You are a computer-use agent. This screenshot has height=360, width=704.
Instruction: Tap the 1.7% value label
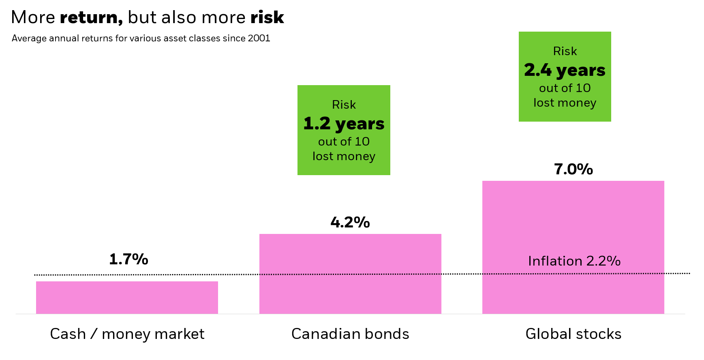coord(128,259)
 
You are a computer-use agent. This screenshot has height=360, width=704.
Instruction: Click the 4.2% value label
coord(350,222)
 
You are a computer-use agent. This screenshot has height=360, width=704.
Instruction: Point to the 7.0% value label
coord(573,169)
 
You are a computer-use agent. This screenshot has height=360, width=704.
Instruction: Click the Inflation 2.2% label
coord(574,261)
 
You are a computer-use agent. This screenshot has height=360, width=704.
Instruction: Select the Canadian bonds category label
coord(350,334)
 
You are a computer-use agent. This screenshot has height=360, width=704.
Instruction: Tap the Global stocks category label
coord(573,334)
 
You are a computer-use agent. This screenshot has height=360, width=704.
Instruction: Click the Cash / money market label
coord(127,334)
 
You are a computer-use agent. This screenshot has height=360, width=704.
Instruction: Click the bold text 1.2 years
coord(344,124)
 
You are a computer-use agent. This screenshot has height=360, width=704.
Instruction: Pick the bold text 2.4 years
coord(565,70)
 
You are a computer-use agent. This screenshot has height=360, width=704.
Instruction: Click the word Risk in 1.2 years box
coord(344,105)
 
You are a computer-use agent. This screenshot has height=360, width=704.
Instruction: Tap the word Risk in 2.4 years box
coord(565,51)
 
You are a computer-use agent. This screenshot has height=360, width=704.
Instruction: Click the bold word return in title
coord(91,17)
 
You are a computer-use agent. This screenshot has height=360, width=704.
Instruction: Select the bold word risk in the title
coord(267,17)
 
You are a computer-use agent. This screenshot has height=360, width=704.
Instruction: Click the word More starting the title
coord(33,17)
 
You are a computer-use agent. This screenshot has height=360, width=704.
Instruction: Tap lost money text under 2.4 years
coord(565,103)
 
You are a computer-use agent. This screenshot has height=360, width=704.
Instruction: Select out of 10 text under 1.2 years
coord(344,141)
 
